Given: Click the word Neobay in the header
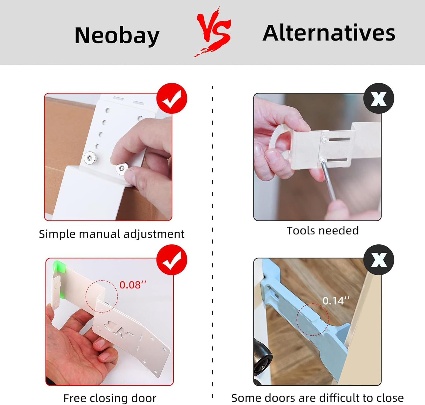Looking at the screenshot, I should tap(117, 36).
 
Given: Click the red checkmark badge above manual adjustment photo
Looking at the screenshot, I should tap(172, 98).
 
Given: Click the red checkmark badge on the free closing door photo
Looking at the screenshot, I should tap(172, 260).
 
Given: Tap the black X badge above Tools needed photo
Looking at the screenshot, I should tap(379, 98).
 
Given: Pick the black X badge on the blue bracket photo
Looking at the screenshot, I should tap(379, 260).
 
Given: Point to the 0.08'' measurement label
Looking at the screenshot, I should tap(133, 285).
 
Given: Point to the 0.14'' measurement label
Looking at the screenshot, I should tap(336, 301).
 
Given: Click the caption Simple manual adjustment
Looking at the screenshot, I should tap(111, 234).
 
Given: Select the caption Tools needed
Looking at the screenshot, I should tap(323, 231).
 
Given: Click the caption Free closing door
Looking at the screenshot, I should tap(110, 398).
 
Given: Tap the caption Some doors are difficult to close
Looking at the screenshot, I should tap(317, 398).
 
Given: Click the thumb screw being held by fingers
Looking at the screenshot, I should tap(121, 169).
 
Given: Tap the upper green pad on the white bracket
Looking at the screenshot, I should tap(59, 266).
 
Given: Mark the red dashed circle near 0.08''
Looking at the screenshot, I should tap(102, 296).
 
